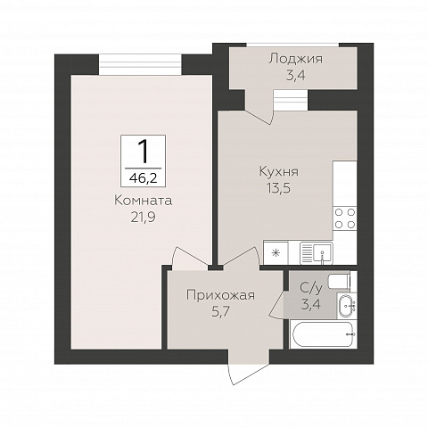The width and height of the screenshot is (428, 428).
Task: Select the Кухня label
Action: pos(278,171)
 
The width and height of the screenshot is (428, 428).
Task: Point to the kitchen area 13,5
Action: pos(278,187)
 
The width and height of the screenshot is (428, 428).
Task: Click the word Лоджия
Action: pos(293,59)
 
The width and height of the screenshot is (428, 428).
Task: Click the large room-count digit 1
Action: pos(142,148)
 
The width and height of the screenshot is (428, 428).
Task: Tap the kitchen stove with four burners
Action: pos(344,218)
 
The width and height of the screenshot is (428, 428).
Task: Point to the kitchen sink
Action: pos(317,252)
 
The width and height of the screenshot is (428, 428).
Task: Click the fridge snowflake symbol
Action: pos(276,253)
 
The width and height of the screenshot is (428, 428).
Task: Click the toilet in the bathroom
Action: pos(341,282)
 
